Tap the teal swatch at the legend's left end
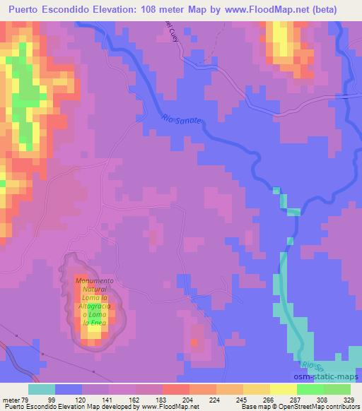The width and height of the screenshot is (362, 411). (x=42, y=390)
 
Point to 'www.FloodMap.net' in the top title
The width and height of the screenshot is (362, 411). (x=255, y=9)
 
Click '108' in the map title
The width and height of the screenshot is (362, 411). (x=152, y=9)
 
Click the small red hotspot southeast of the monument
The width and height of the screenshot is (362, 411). (x=195, y=345)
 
